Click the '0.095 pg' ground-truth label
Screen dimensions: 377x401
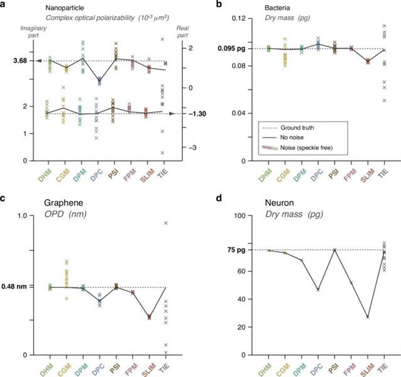click(x=231, y=48)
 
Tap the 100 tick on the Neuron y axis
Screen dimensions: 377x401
click(x=238, y=216)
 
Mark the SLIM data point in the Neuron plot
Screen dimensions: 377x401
click(x=368, y=318)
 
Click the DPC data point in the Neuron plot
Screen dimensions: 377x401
click(x=318, y=290)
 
